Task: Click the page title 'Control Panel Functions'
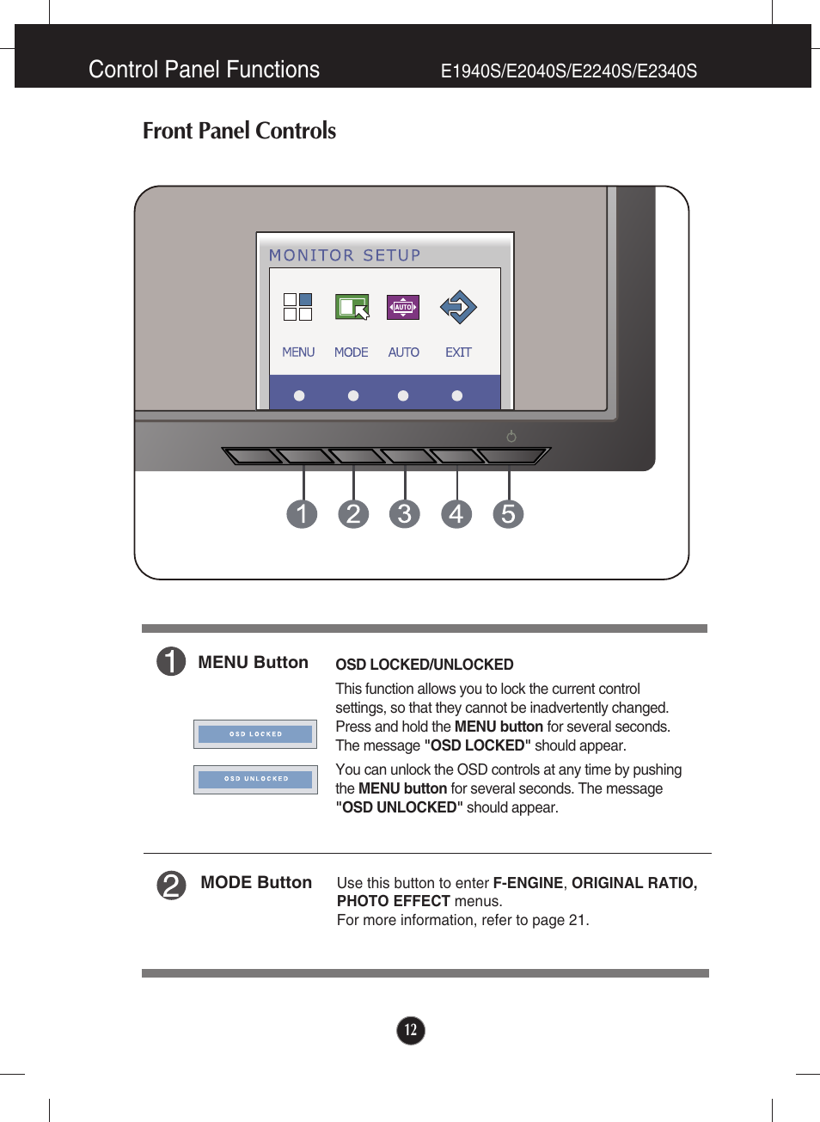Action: pos(204,70)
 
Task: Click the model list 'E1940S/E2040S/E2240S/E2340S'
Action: pos(568,71)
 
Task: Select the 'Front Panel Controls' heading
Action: pos(239,131)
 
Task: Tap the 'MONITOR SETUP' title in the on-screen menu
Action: pos(345,255)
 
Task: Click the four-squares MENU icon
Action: pos(297,307)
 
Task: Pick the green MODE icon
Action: pos(352,307)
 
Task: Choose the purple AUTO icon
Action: pos(403,307)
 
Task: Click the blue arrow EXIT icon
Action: pos(458,307)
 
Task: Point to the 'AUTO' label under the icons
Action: pos(403,353)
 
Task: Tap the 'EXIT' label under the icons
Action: pos(458,353)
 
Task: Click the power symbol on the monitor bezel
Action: pos(511,437)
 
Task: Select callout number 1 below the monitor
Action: pos(302,514)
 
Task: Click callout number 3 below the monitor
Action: pos(405,514)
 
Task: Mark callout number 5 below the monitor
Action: pos(508,514)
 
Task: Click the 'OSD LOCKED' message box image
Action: pos(255,734)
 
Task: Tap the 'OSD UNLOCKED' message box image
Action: pos(255,779)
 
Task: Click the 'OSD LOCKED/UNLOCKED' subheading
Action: pos(425,665)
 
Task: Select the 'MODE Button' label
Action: pos(256,882)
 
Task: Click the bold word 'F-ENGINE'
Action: pos(528,883)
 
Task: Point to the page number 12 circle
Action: pos(411,1030)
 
